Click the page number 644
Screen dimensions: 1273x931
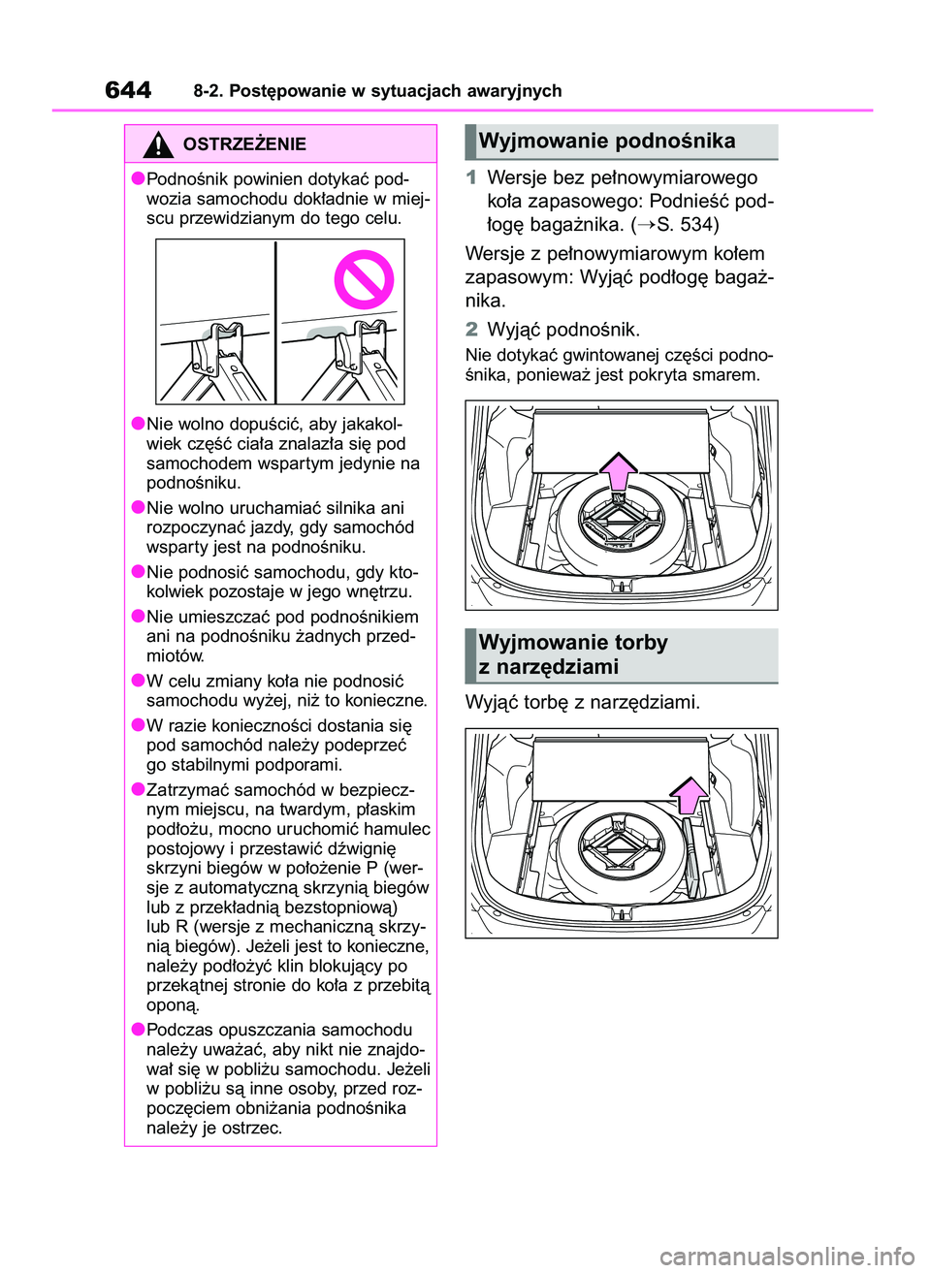[128, 90]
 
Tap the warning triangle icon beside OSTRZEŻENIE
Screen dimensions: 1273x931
[157, 144]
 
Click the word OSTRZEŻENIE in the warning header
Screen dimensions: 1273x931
[244, 144]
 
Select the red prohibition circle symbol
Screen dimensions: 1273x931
[364, 279]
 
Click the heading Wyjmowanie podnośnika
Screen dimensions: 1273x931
[607, 142]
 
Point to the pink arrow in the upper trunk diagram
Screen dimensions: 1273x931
[618, 471]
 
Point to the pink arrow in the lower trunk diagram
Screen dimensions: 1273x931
[690, 795]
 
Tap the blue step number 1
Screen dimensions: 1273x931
[471, 178]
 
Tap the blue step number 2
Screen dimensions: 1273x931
[471, 330]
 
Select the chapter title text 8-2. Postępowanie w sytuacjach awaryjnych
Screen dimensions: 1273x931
[377, 91]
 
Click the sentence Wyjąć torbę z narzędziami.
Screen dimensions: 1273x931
[582, 702]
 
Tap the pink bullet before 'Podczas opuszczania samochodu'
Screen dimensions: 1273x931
[139, 1030]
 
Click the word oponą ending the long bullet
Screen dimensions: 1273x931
[173, 1005]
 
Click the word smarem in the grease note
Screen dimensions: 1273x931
[726, 375]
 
